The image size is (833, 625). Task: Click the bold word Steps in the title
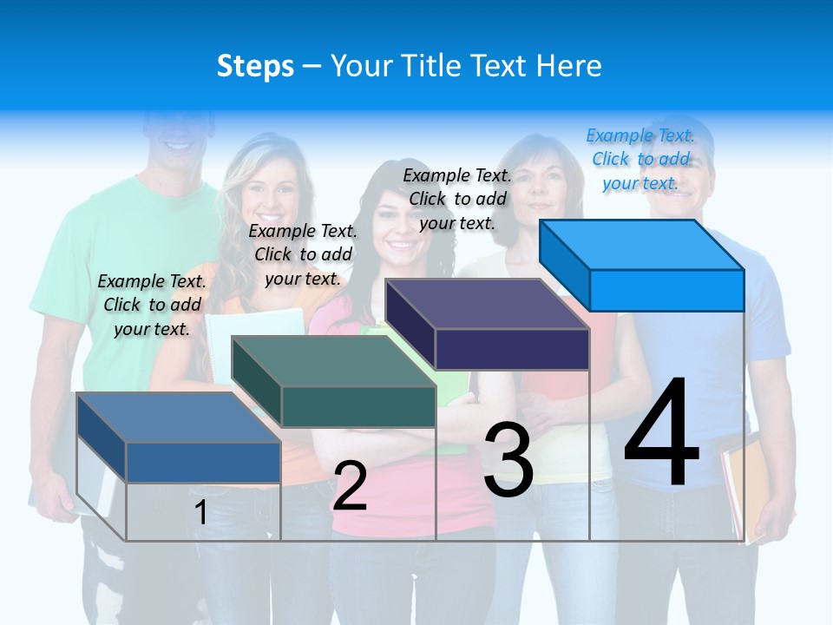click(255, 66)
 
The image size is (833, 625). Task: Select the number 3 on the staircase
click(508, 459)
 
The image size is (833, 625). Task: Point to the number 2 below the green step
click(350, 486)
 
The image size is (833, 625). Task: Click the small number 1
click(200, 513)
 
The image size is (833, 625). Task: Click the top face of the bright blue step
click(641, 244)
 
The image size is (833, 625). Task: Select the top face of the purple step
click(487, 304)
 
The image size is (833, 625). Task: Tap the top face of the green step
click(333, 360)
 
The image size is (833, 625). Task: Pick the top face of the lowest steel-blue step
click(178, 417)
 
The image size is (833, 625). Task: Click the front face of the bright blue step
click(666, 290)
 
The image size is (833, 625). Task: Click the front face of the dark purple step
click(512, 349)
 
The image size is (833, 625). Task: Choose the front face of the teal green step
click(358, 406)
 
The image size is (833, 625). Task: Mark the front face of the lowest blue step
click(203, 462)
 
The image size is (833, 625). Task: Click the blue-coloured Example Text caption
click(640, 159)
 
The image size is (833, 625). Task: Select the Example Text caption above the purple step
click(457, 199)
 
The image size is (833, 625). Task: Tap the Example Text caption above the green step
click(303, 254)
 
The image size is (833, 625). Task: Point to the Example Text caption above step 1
click(152, 305)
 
